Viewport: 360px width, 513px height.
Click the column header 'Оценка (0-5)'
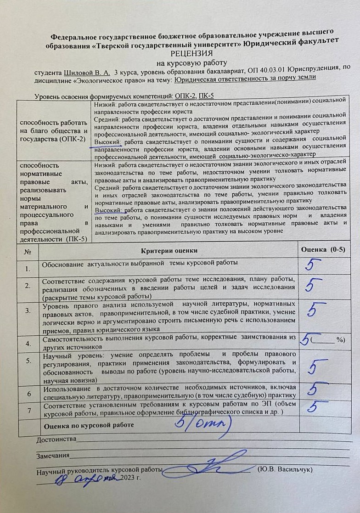click(x=322, y=249)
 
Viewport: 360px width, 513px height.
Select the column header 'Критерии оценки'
click(x=169, y=250)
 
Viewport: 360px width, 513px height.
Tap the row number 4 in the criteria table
click(x=28, y=343)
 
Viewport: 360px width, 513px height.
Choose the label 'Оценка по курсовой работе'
click(x=88, y=425)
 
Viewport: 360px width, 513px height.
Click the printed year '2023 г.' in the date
click(x=129, y=478)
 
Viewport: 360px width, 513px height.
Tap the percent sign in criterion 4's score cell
click(x=340, y=339)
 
